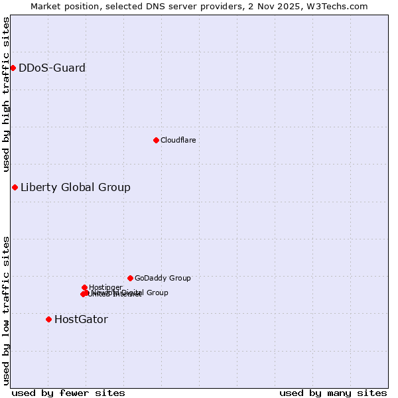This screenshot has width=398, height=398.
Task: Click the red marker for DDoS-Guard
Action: (x=13, y=68)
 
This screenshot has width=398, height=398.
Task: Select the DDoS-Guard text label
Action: (x=52, y=68)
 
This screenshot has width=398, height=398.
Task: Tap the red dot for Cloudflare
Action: (x=156, y=140)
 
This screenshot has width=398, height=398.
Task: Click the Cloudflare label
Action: (x=178, y=140)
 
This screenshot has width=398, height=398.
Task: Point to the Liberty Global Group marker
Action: (x=15, y=187)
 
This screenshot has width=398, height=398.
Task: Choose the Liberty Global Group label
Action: (x=75, y=187)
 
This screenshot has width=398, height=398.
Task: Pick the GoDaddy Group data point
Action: (x=130, y=278)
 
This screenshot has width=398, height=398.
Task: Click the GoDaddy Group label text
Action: (x=163, y=278)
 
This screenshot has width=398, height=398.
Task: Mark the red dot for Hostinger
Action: (x=84, y=287)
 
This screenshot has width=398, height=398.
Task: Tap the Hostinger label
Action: (x=105, y=287)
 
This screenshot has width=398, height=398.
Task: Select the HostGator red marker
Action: (x=48, y=319)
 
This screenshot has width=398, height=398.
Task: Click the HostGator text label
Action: (x=81, y=319)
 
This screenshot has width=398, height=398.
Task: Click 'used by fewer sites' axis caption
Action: (x=68, y=393)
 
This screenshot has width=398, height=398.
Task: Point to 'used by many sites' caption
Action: (x=333, y=393)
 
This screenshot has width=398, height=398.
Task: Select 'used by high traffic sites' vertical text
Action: (x=6, y=94)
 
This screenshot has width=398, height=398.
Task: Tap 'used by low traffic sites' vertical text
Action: (x=6, y=310)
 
